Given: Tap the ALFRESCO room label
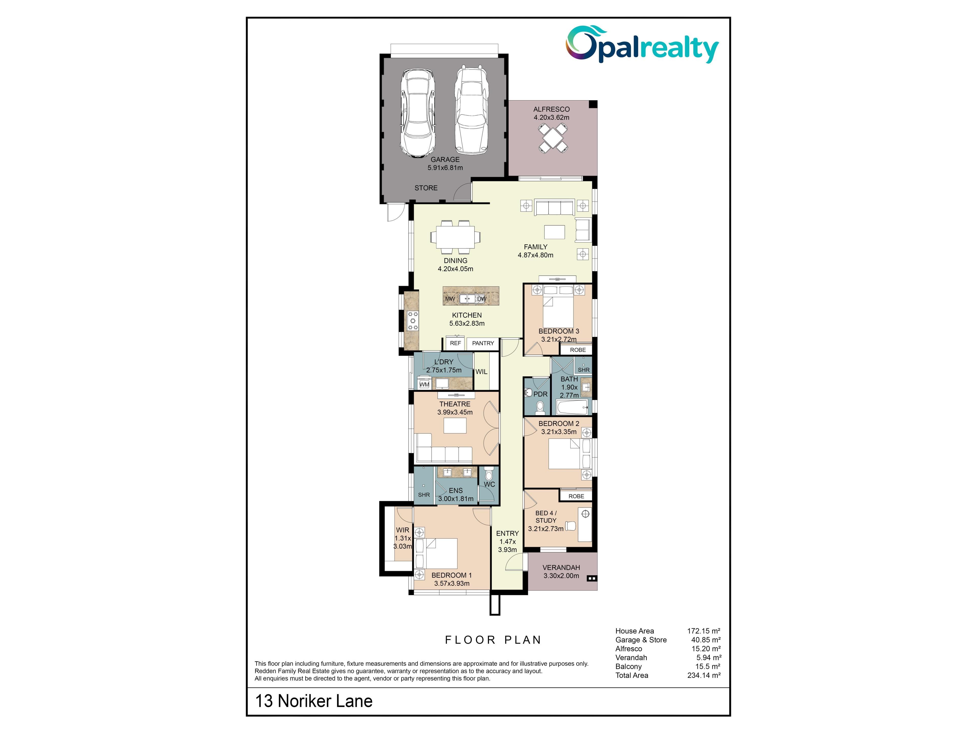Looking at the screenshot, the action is pyautogui.click(x=551, y=109).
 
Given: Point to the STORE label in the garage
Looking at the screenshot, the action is pyautogui.click(x=426, y=188).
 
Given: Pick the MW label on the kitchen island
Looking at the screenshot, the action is pyautogui.click(x=450, y=299).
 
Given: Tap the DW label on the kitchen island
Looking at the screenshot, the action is pyautogui.click(x=482, y=299).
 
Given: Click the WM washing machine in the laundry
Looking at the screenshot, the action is pyautogui.click(x=424, y=384).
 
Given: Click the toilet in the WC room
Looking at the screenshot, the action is pyautogui.click(x=489, y=474).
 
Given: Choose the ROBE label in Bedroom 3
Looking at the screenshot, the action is pyautogui.click(x=578, y=350).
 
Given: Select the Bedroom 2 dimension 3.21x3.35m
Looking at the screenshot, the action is pyautogui.click(x=559, y=432).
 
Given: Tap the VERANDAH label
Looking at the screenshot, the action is pyautogui.click(x=561, y=567).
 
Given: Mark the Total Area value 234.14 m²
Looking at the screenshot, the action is pyautogui.click(x=704, y=675).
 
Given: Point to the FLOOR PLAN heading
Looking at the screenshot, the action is pyautogui.click(x=493, y=640).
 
